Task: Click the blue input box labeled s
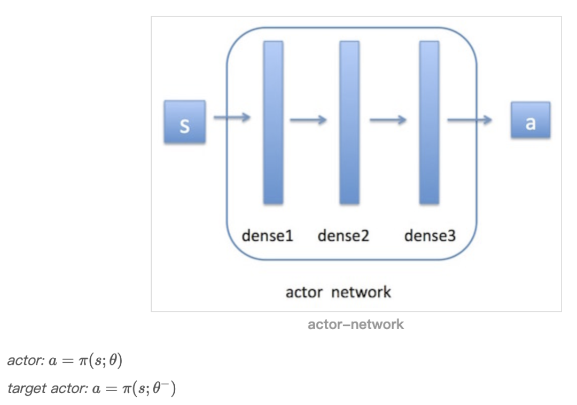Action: tap(184, 121)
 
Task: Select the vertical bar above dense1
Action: tap(273, 123)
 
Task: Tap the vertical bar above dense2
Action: tap(349, 123)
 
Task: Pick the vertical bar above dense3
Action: tap(429, 123)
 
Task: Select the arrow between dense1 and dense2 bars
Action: tap(308, 120)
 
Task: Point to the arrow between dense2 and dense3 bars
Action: tap(388, 120)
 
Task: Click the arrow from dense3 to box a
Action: tap(469, 120)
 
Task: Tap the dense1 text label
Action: tap(268, 235)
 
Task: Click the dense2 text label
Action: tap(344, 235)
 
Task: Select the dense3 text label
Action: tap(430, 235)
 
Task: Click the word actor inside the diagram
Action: tap(305, 292)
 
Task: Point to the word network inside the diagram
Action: tap(361, 292)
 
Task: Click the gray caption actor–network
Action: tap(356, 324)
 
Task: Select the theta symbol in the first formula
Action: tap(113, 361)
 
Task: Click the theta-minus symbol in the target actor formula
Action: tap(159, 388)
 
